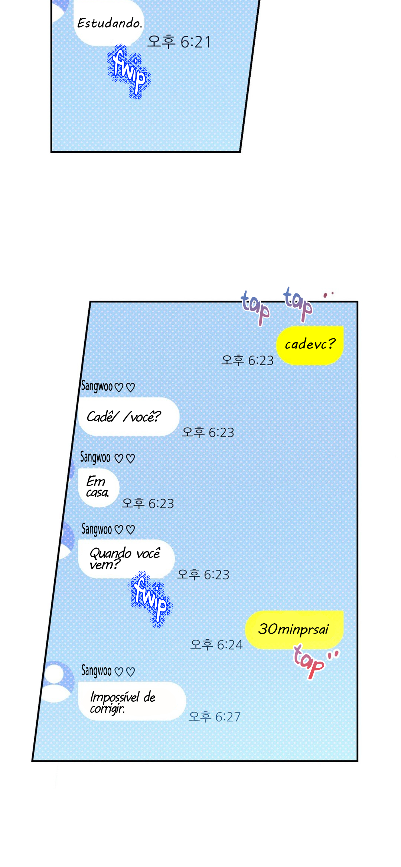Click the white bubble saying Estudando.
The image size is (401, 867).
tap(109, 23)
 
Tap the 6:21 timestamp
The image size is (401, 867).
tap(179, 42)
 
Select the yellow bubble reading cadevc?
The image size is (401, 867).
tap(310, 345)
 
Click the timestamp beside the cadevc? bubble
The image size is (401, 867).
tap(247, 360)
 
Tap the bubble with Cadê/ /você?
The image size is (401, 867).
tap(129, 416)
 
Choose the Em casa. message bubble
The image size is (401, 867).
tap(99, 487)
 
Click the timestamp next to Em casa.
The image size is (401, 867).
tap(148, 503)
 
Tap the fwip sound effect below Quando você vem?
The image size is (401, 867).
tap(151, 599)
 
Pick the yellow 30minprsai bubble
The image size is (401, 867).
tap(294, 630)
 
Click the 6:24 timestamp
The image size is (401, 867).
tap(216, 644)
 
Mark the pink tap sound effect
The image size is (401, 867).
tap(315, 662)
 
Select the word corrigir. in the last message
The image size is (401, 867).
tap(107, 709)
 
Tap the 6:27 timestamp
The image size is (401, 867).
tap(215, 716)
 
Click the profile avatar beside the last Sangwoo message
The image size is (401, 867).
tap(57, 682)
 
